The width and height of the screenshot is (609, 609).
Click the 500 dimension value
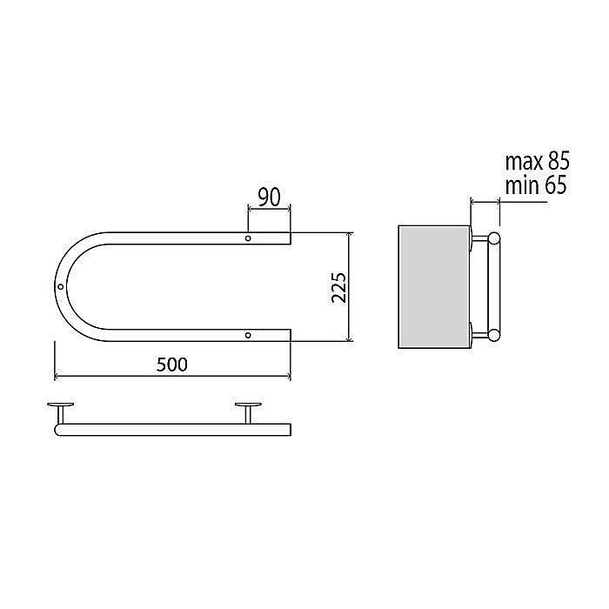pos(171,365)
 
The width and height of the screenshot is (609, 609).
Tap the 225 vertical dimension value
pos(338,287)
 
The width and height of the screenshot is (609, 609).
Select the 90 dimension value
pos(269,197)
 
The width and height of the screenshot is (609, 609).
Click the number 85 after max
pos(559,161)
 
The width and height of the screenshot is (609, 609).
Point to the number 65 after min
pos(556,185)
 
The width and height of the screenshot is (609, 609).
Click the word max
pos(525,164)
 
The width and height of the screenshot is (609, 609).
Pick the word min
pos(522,186)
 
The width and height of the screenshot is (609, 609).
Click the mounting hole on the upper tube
pos(248,238)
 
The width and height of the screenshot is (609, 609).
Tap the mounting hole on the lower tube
pos(248,335)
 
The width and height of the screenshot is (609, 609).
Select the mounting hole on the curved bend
pos(60,286)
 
